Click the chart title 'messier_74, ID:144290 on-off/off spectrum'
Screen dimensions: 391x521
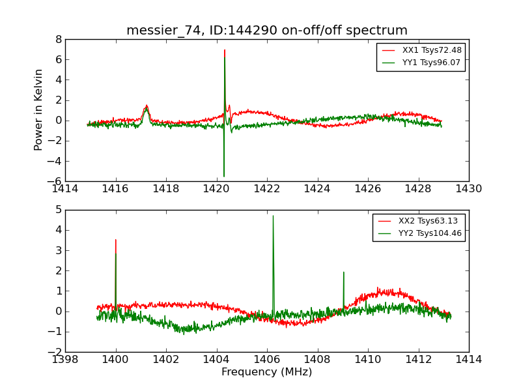(267, 31)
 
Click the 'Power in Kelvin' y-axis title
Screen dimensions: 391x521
(39, 109)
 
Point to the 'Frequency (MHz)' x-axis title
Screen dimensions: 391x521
(266, 372)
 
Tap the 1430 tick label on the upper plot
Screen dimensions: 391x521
(468, 188)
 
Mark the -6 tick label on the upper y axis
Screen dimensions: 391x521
(56, 181)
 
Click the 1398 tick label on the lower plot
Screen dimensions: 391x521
(65, 359)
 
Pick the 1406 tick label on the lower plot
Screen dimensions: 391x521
(267, 359)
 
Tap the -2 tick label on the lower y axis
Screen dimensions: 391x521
(56, 352)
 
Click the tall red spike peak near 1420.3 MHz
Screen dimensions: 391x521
(225, 50)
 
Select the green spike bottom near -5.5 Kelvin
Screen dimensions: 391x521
(224, 176)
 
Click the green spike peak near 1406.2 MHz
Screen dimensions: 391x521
(273, 216)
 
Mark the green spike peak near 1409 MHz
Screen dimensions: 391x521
(343, 272)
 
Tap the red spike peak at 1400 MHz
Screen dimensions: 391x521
(115, 239)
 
